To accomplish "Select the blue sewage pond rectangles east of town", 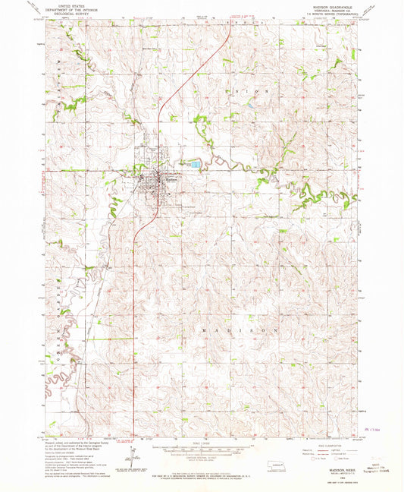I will click(x=196, y=164).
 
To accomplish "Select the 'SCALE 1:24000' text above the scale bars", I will click(x=202, y=444).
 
